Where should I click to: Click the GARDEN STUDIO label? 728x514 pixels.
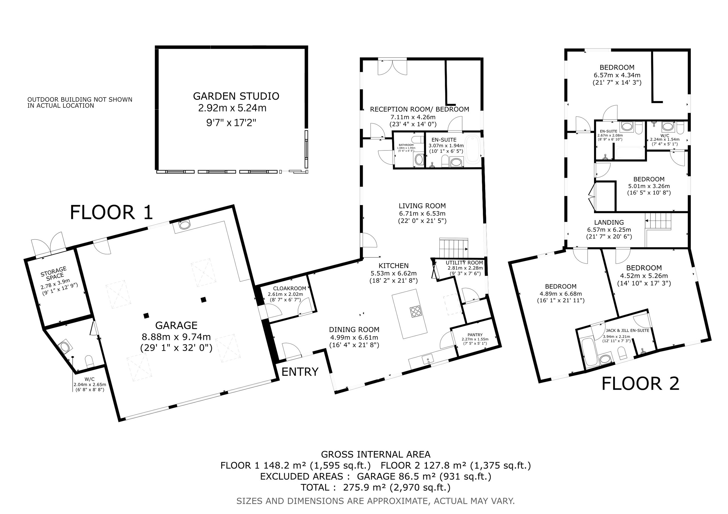[236, 96]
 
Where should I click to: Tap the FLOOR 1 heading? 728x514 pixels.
[111, 212]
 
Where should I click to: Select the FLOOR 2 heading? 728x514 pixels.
[640, 384]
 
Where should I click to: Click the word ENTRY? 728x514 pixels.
[300, 371]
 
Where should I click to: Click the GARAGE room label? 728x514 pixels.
[176, 325]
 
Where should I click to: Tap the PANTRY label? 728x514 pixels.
[475, 335]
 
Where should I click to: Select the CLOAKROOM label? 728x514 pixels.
[289, 288]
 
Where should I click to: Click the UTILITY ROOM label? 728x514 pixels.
[464, 263]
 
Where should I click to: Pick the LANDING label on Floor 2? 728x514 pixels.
[609, 222]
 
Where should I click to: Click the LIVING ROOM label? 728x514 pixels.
[422, 206]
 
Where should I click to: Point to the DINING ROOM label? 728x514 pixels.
[354, 330]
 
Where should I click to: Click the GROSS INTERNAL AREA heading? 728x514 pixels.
[376, 454]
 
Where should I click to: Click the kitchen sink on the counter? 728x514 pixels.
[428, 360]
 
